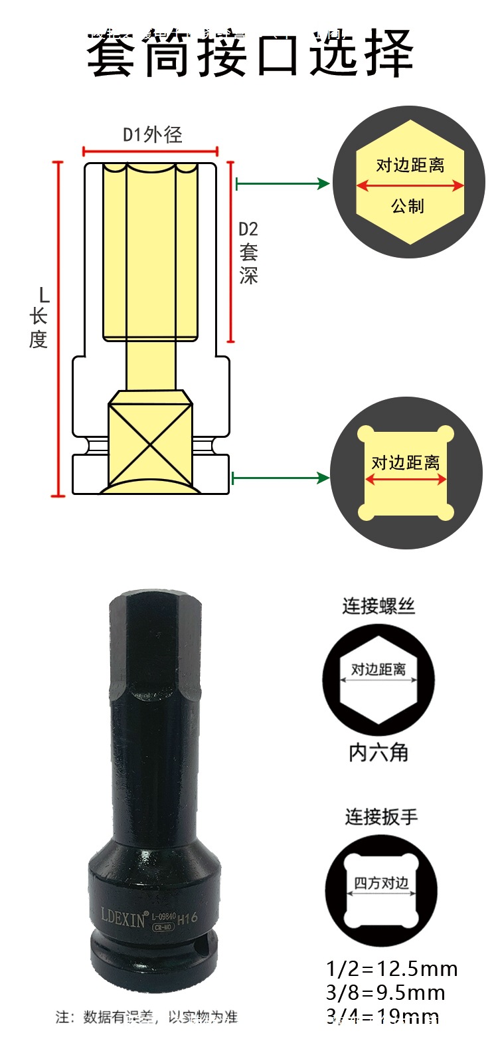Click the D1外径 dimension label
tap(152, 135)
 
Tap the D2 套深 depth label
tap(248, 252)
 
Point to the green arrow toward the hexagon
tap(283, 183)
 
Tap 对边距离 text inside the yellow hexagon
tap(410, 165)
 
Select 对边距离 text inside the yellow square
tap(406, 462)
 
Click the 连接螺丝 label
tap(378, 606)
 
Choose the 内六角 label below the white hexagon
tap(378, 753)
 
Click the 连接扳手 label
tap(381, 817)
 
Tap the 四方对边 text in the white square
tap(381, 883)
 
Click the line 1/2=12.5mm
tap(392, 969)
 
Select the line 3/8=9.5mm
tap(385, 993)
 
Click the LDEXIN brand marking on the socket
tap(124, 917)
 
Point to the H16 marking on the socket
tap(188, 918)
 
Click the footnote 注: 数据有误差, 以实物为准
tap(146, 1016)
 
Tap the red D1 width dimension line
tap(151, 151)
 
